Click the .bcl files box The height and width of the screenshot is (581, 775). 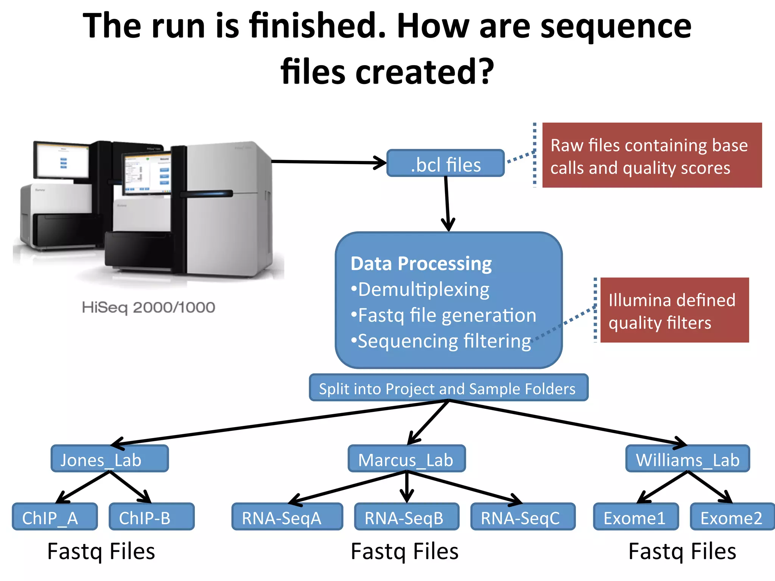445,163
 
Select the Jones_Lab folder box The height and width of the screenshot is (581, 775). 109,458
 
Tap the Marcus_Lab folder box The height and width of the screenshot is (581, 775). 406,458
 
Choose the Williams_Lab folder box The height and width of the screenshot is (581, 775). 687,458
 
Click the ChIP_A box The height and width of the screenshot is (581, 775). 54,517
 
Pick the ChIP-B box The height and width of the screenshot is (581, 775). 151,517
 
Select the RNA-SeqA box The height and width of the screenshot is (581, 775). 287,517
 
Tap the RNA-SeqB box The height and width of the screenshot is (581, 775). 406,517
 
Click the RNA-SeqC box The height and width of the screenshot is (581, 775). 523,517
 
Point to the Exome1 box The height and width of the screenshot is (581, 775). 636,517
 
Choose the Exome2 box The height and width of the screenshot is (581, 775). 732,517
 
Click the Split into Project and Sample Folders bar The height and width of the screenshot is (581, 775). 448,388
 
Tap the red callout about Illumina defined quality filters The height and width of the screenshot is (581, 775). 674,310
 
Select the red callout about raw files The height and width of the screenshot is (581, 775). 652,155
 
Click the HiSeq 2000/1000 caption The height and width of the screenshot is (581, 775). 148,307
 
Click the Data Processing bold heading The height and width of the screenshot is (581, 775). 421,264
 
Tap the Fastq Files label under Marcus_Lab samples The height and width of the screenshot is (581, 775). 404,551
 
